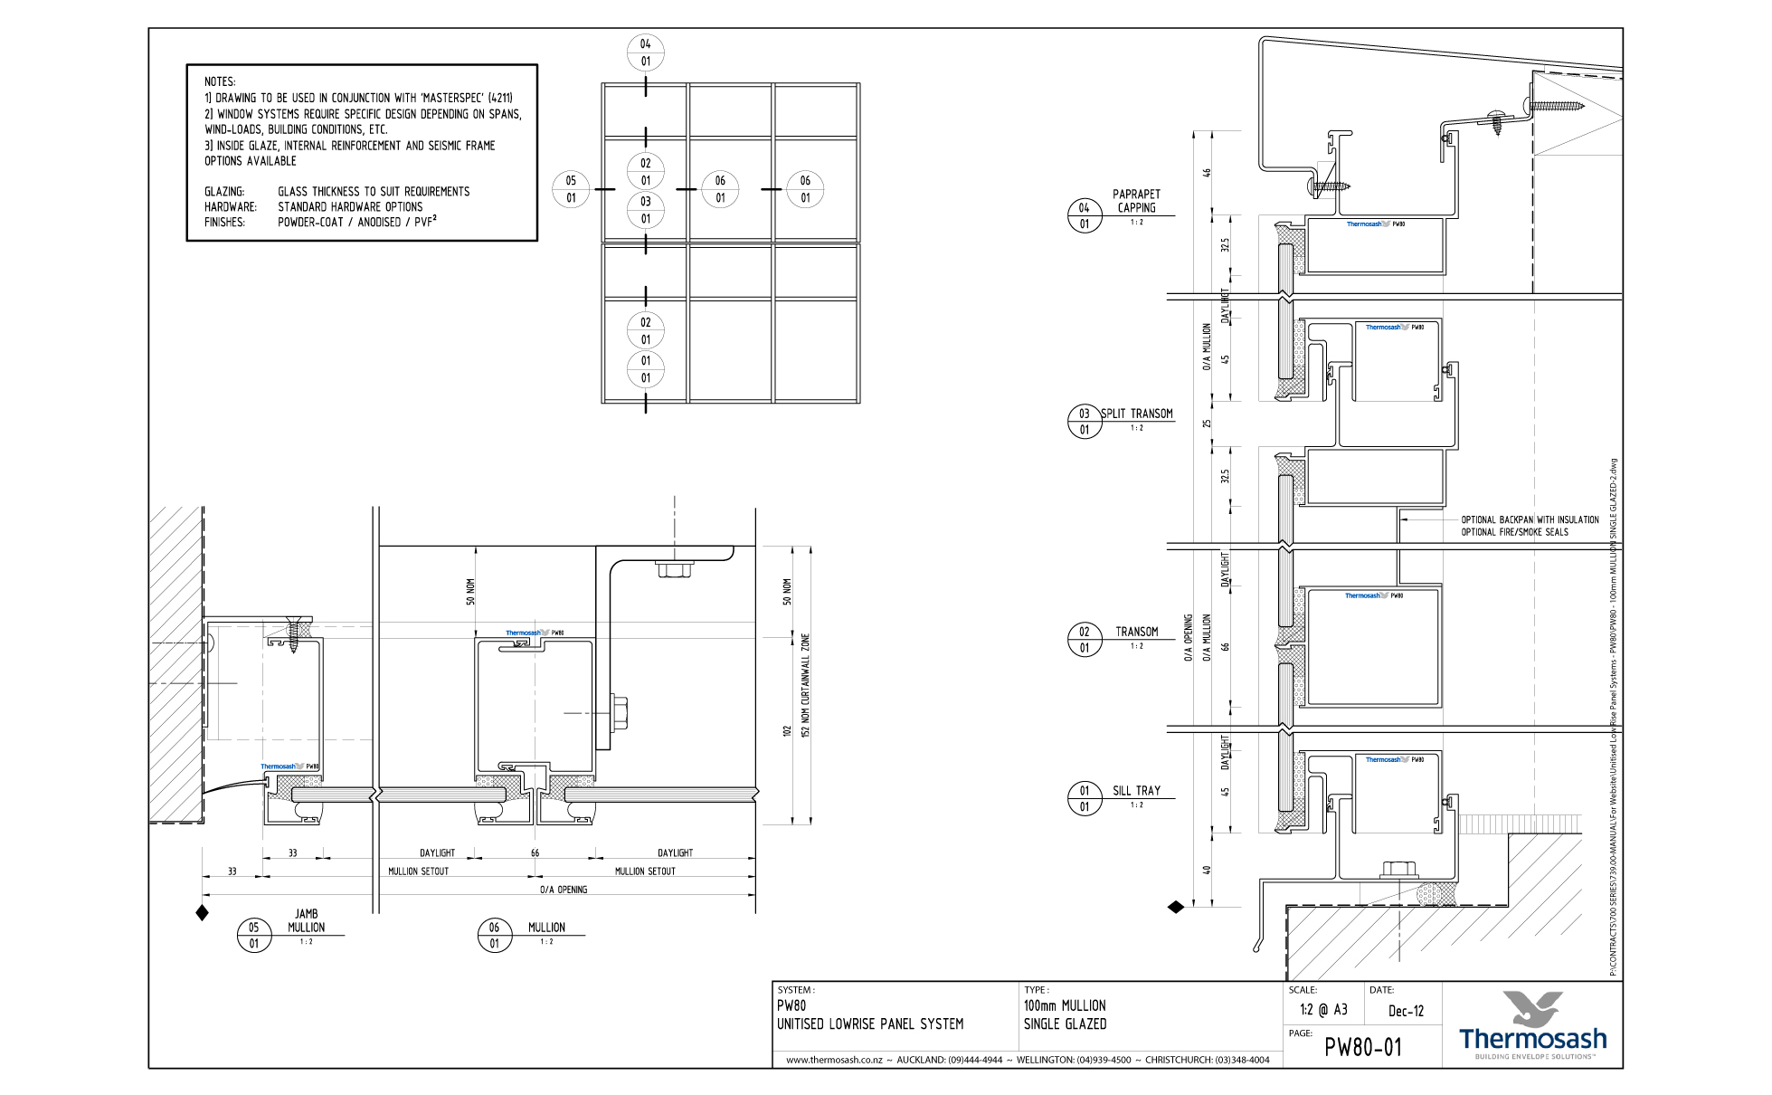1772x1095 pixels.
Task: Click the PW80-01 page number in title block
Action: pyautogui.click(x=1362, y=1047)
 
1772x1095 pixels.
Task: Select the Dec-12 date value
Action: pyautogui.click(x=1406, y=1011)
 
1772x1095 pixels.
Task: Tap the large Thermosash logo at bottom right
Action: pyautogui.click(x=1532, y=1027)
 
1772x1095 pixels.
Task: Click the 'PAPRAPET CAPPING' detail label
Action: pyautogui.click(x=1136, y=201)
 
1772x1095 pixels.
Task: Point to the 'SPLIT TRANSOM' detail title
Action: pyautogui.click(x=1137, y=414)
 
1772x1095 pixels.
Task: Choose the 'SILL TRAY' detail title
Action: pyautogui.click(x=1136, y=790)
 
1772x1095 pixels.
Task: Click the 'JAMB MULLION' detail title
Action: pyautogui.click(x=306, y=920)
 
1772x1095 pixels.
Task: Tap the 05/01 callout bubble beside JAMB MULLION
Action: pyautogui.click(x=254, y=935)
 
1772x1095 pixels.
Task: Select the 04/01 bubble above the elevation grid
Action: pyautogui.click(x=645, y=52)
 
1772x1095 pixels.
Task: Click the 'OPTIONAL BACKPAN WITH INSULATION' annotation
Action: pyautogui.click(x=1530, y=519)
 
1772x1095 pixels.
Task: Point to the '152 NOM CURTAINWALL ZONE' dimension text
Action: pyautogui.click(x=806, y=685)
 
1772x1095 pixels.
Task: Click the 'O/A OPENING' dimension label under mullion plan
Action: pyautogui.click(x=564, y=890)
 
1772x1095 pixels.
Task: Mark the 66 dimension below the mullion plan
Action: pyautogui.click(x=535, y=852)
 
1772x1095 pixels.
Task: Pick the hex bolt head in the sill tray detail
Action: pyautogui.click(x=1398, y=869)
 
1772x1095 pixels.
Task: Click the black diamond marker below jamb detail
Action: pyautogui.click(x=203, y=913)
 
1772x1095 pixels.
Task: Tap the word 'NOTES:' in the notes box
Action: pyautogui.click(x=220, y=81)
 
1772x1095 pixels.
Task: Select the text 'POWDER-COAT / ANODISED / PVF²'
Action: pyautogui.click(x=356, y=222)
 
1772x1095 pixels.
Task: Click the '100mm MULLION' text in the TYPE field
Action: pyautogui.click(x=1065, y=1005)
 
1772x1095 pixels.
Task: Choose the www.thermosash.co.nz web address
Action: pyautogui.click(x=833, y=1060)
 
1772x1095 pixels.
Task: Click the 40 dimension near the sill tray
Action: pyautogui.click(x=1207, y=870)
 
